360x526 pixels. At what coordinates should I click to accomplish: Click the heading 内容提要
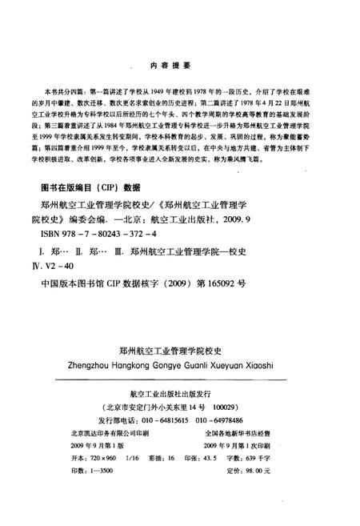tap(180, 65)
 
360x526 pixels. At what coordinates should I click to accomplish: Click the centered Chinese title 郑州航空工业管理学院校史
tap(179, 351)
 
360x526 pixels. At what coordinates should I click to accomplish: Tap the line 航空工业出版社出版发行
tap(179, 394)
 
